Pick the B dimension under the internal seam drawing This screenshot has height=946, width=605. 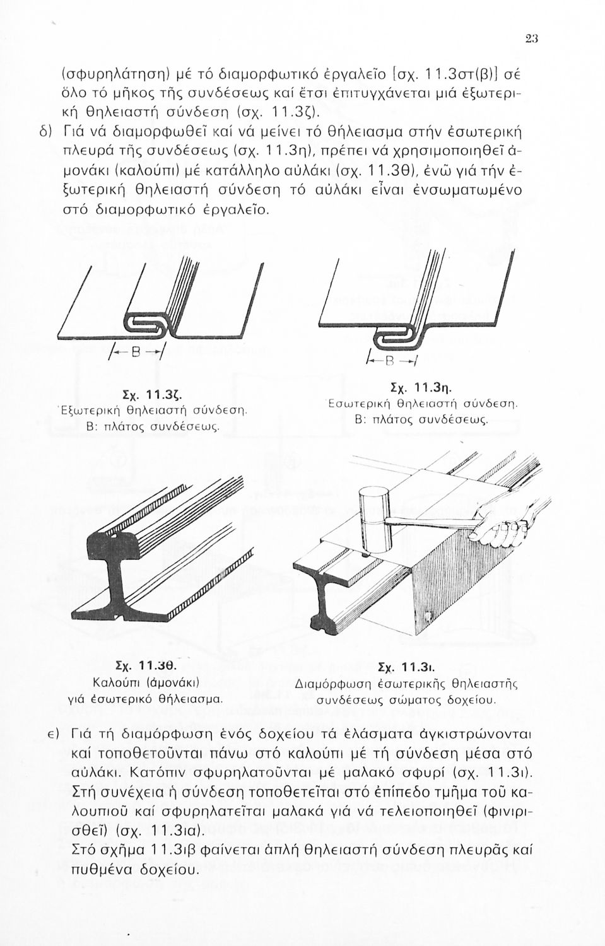tap(406, 362)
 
